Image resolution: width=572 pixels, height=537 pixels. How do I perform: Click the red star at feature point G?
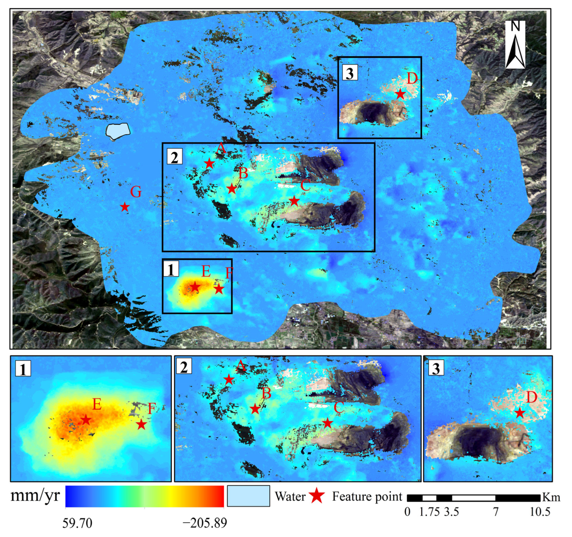(125, 207)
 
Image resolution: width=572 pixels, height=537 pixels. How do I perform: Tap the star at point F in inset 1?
(141, 424)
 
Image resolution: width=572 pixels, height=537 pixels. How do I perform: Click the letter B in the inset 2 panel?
(266, 393)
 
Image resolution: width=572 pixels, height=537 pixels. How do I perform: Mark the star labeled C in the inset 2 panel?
(328, 423)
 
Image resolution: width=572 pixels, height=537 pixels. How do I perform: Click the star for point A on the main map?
(209, 163)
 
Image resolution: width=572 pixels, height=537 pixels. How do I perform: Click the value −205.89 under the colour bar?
(205, 523)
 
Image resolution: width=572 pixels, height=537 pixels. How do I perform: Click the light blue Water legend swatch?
(248, 496)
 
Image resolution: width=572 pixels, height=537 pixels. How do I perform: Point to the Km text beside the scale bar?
(551, 497)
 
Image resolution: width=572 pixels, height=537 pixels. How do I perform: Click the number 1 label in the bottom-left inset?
(23, 370)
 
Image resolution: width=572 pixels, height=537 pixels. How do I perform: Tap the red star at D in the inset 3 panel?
(519, 413)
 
